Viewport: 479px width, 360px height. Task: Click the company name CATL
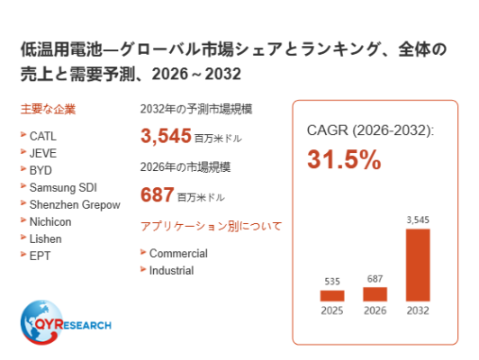pyautogui.click(x=43, y=136)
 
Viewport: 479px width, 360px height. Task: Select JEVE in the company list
pyautogui.click(x=43, y=153)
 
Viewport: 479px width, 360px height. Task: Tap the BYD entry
pyautogui.click(x=41, y=170)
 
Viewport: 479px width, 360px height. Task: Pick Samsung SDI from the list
pyautogui.click(x=63, y=187)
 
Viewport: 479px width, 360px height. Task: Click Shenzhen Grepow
pyautogui.click(x=75, y=205)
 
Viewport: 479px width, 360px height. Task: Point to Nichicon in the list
pyautogui.click(x=50, y=221)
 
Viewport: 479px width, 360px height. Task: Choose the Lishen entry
pyautogui.click(x=46, y=238)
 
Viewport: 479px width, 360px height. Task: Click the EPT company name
pyautogui.click(x=40, y=256)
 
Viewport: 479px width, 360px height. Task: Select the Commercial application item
pyautogui.click(x=178, y=254)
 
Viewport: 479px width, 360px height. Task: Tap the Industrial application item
pyautogui.click(x=171, y=271)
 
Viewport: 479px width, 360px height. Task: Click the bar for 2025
pyautogui.click(x=332, y=295)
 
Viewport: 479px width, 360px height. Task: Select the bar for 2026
pyautogui.click(x=375, y=294)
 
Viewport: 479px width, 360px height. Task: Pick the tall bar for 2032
pyautogui.click(x=418, y=265)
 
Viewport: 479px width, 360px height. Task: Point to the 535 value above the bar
pyautogui.click(x=332, y=281)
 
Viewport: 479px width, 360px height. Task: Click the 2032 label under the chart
pyautogui.click(x=418, y=310)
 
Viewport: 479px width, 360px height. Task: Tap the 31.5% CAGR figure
pyautogui.click(x=344, y=159)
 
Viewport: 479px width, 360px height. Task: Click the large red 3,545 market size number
pyautogui.click(x=166, y=136)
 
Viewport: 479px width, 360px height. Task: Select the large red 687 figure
pyautogui.click(x=158, y=194)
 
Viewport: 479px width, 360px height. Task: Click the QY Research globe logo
pyautogui.click(x=41, y=322)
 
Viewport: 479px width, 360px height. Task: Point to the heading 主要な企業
pyautogui.click(x=48, y=109)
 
